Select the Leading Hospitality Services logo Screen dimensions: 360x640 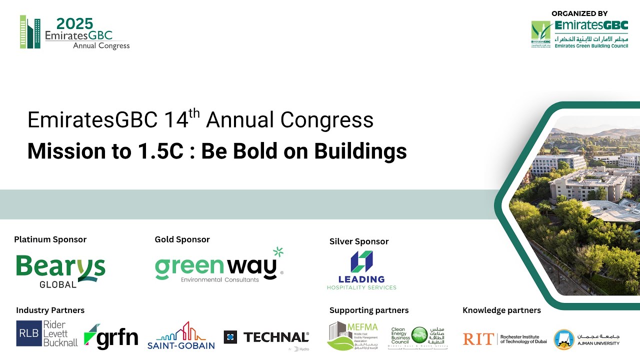(x=361, y=270)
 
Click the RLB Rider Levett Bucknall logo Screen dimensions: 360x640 (x=47, y=334)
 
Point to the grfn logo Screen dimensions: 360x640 (x=111, y=337)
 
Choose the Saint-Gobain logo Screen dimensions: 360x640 (x=181, y=335)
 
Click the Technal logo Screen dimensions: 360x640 (x=266, y=338)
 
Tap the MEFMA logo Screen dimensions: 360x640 (x=353, y=335)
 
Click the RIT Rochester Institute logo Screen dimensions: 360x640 (x=504, y=339)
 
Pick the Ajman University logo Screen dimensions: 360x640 (x=586, y=339)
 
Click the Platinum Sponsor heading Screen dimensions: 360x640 (x=50, y=239)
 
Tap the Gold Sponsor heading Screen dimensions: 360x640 (x=182, y=239)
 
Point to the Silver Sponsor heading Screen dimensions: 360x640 (x=359, y=241)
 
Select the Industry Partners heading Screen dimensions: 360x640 (x=50, y=310)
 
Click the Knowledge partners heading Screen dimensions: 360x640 (x=501, y=310)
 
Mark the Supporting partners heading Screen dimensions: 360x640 (x=369, y=310)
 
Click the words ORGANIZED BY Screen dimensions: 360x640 (x=580, y=13)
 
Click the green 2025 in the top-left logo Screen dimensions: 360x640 (x=75, y=23)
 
